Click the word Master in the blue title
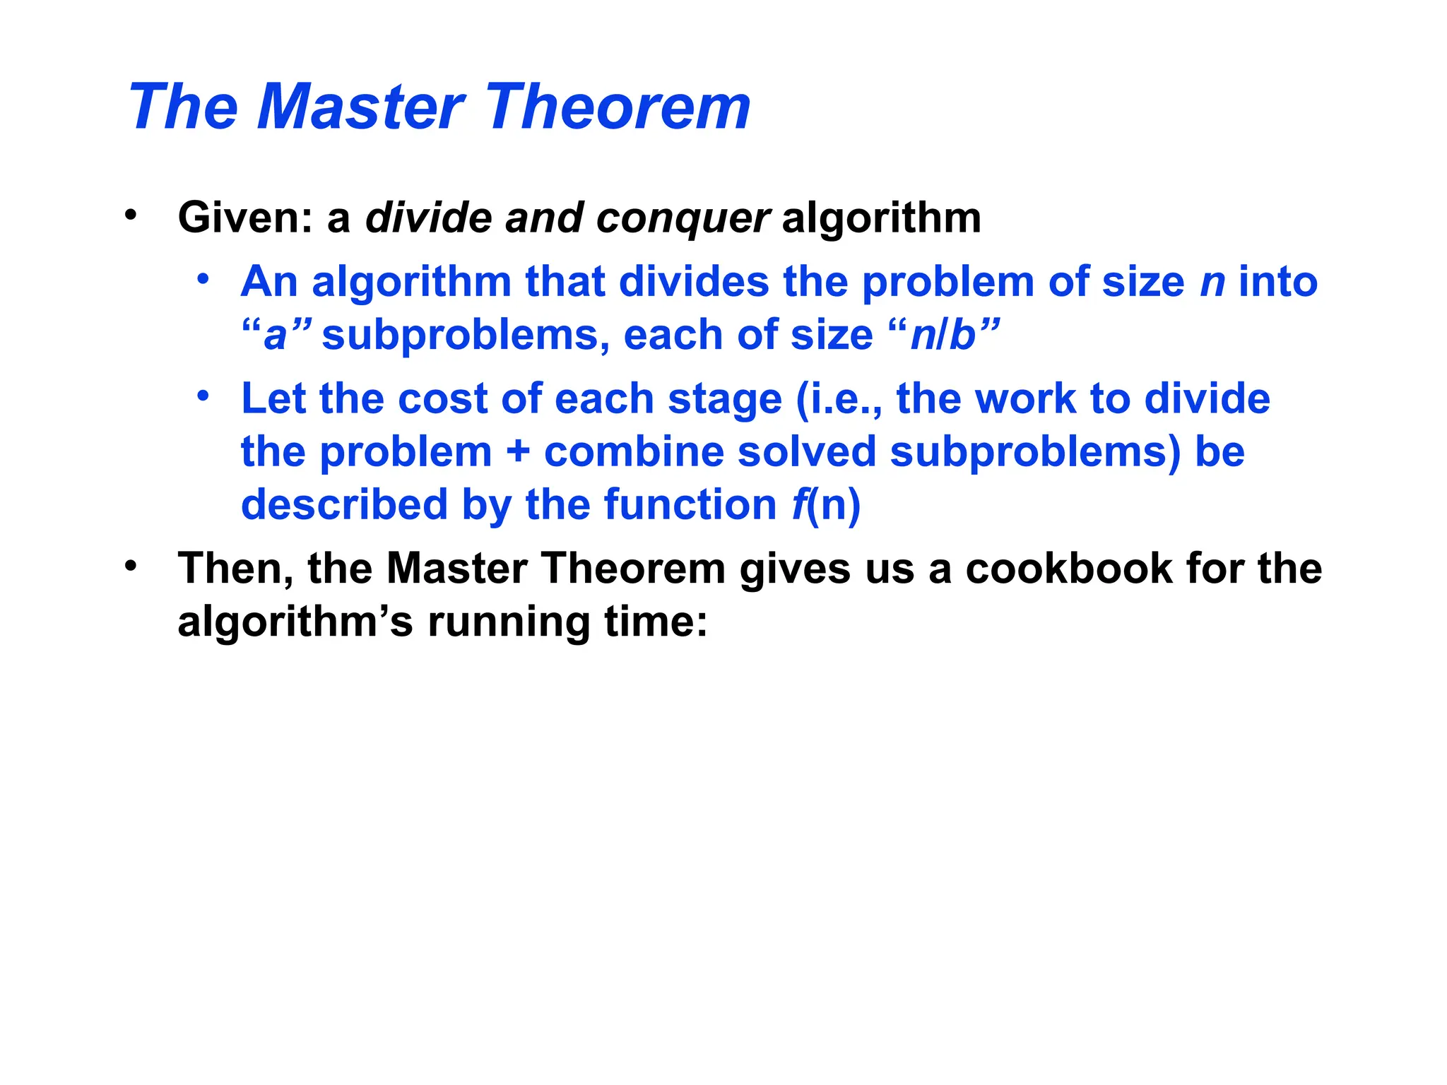(360, 107)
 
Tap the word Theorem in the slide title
(618, 107)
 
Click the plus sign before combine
(518, 452)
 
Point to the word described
(345, 505)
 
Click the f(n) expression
(826, 506)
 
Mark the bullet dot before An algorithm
(203, 279)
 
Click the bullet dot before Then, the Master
(130, 566)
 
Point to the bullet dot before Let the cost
(203, 396)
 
